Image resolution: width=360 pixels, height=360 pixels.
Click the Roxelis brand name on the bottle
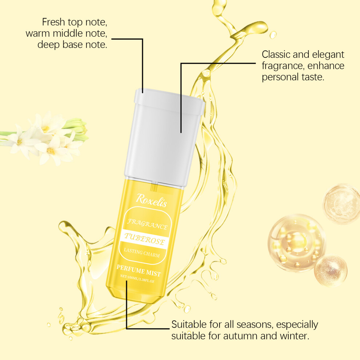pos(152,201)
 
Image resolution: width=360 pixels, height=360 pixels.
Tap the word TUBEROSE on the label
pos(145,239)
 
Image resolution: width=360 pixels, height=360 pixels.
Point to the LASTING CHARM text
pos(142,253)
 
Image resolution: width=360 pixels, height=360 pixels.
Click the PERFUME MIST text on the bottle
pos(139,271)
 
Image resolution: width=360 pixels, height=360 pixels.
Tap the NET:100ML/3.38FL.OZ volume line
pos(137,279)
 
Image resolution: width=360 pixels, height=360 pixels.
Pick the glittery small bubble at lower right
pos(331,271)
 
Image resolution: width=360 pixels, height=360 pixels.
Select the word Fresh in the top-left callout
pos(53,22)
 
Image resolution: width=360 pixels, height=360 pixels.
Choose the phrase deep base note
pos(72,44)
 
